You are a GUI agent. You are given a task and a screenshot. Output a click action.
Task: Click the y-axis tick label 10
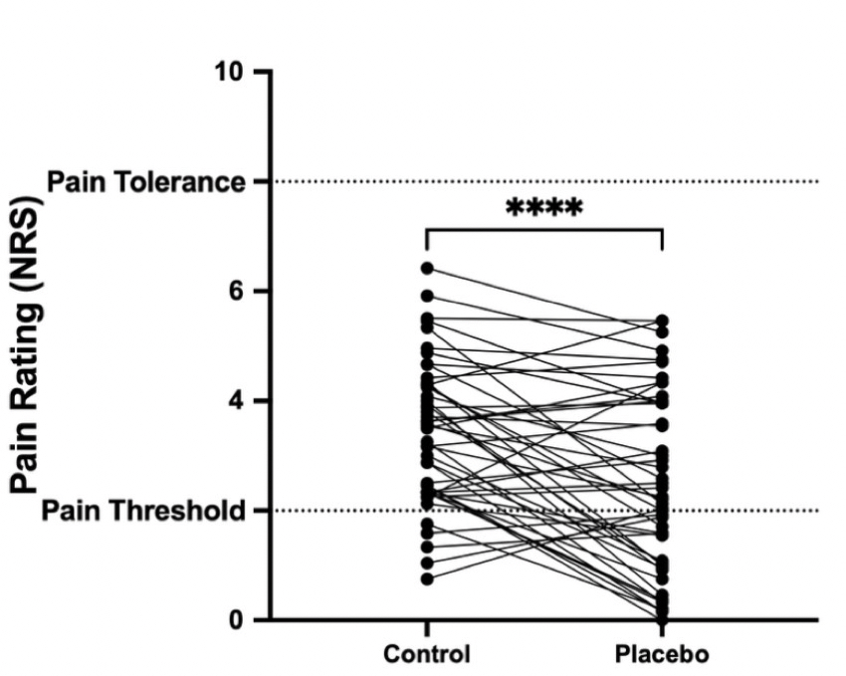[x=228, y=73]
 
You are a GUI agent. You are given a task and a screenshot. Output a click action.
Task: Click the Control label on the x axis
[x=426, y=655]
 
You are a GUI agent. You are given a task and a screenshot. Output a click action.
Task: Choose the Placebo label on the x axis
[x=662, y=655]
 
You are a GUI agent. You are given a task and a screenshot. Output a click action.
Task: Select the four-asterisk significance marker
[x=543, y=210]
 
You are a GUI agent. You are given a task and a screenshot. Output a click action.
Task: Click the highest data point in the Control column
[x=426, y=268]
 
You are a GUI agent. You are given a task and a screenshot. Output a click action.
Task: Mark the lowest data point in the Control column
[x=426, y=578]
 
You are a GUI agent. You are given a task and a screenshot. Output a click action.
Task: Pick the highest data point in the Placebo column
[x=663, y=322]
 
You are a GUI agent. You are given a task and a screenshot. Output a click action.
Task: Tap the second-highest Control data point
[x=426, y=296]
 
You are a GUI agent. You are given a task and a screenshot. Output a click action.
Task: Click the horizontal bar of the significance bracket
[x=543, y=230]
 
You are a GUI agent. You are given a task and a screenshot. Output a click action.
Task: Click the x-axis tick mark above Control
[x=426, y=626]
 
